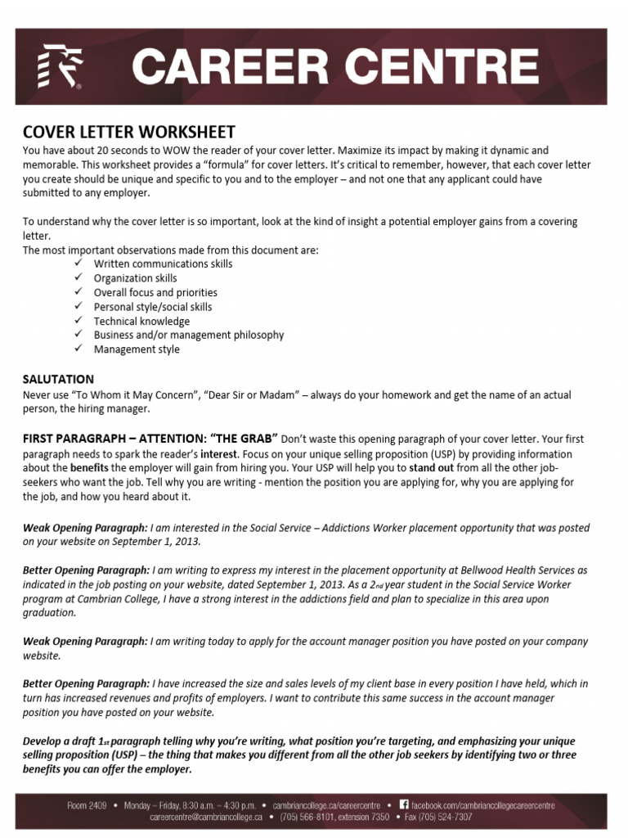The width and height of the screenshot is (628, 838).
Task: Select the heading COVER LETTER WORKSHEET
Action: [x=128, y=132]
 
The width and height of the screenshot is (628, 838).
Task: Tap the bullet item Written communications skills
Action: [x=163, y=264]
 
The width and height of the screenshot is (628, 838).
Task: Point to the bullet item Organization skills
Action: [x=135, y=278]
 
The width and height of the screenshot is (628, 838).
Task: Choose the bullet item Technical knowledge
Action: [x=141, y=321]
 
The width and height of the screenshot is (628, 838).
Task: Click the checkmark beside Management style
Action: [x=78, y=349]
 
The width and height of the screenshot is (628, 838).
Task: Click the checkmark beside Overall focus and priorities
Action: [x=78, y=292]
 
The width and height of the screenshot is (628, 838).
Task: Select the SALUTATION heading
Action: [x=58, y=379]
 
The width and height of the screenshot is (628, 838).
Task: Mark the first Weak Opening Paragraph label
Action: [x=85, y=528]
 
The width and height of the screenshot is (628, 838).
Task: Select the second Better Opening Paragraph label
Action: [x=86, y=683]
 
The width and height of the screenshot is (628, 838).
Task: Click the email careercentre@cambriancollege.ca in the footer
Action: [x=205, y=817]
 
